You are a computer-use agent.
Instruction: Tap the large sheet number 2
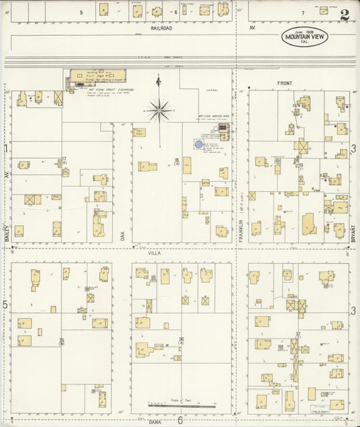click(344, 15)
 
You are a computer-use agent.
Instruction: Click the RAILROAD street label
click(161, 28)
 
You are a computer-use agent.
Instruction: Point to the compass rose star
click(159, 109)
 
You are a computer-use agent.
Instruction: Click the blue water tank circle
click(199, 144)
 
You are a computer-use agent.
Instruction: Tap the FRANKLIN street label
click(240, 228)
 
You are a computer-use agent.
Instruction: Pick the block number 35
click(61, 340)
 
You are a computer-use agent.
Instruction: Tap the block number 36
click(181, 339)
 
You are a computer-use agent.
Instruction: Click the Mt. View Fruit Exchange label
click(111, 89)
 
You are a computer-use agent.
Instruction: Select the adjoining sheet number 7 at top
click(303, 12)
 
